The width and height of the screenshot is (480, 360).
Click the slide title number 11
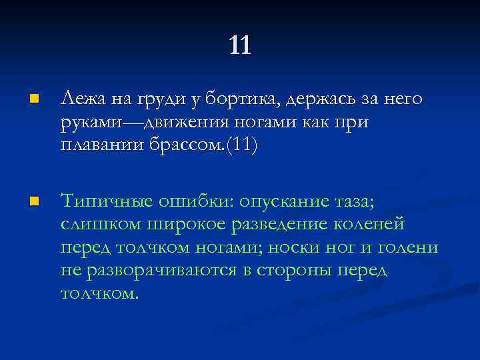click(239, 45)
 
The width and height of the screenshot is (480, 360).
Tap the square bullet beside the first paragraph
click(34, 100)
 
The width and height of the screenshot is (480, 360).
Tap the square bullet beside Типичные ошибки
click(34, 200)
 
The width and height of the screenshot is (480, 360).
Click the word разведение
click(283, 225)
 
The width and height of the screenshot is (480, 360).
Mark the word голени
click(408, 247)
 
